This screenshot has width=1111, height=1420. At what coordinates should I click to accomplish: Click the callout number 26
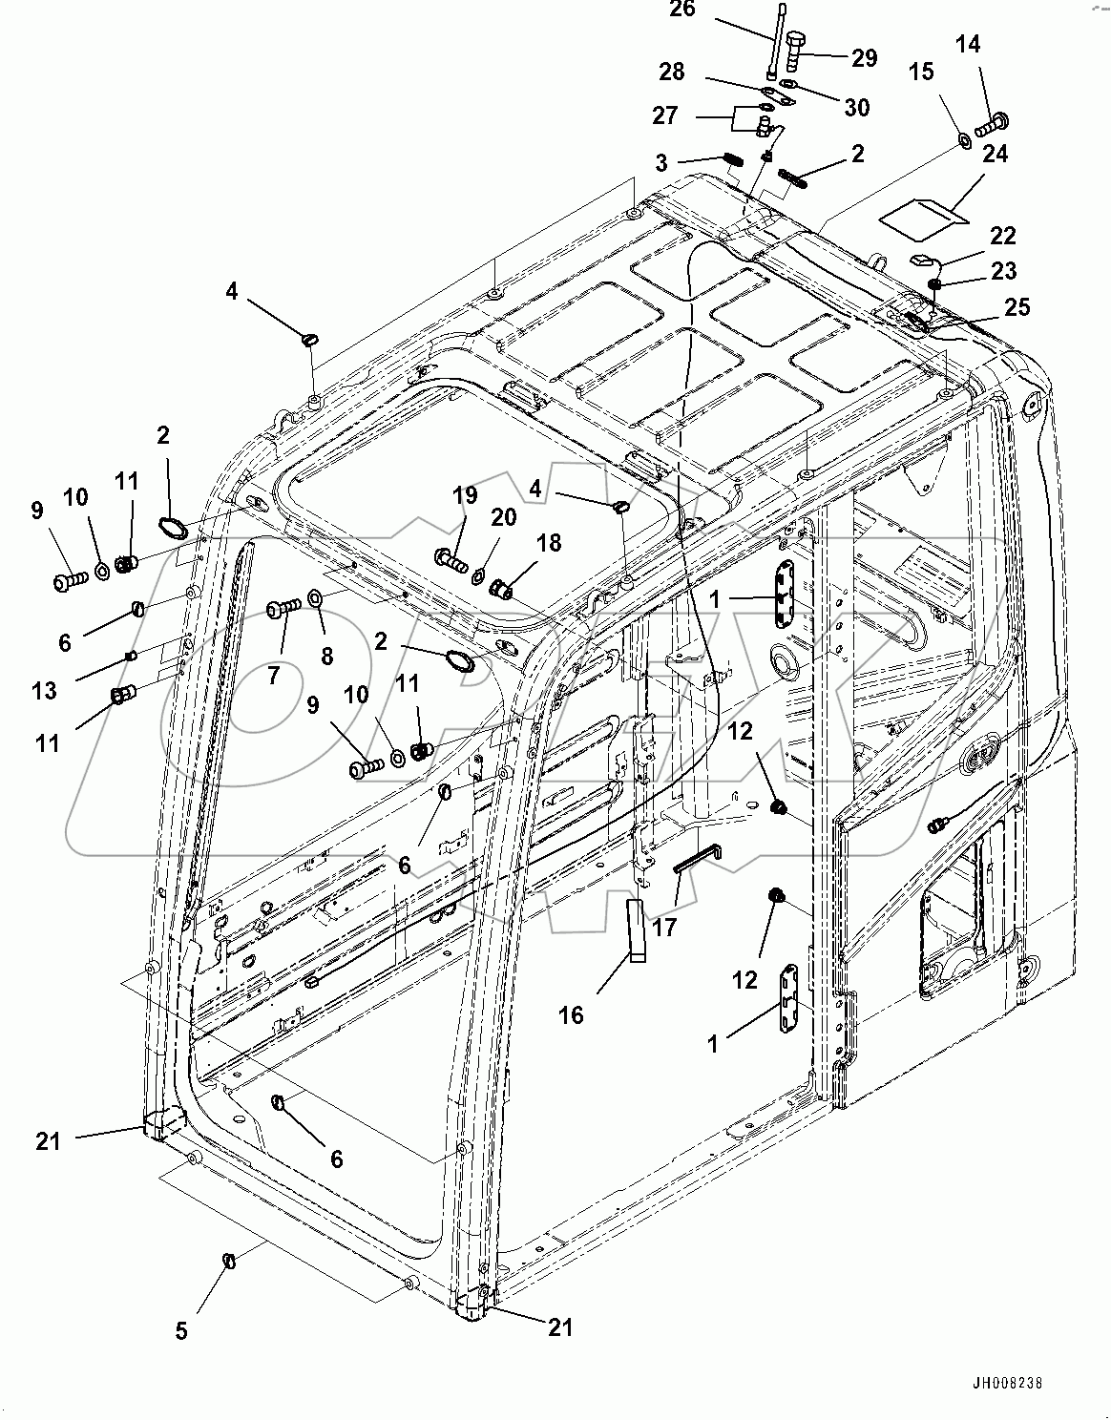tap(709, 10)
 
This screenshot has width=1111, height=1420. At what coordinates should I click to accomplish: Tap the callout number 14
tap(968, 45)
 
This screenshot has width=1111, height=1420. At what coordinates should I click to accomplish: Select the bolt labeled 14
tap(995, 122)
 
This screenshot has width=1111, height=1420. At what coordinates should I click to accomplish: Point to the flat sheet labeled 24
tap(923, 215)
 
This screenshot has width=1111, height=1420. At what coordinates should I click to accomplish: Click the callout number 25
tap(1018, 307)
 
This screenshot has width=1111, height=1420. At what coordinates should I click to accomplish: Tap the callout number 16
tap(571, 1015)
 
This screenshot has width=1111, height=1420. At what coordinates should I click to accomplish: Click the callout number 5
tap(181, 1331)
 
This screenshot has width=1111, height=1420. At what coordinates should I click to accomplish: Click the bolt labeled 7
tap(284, 608)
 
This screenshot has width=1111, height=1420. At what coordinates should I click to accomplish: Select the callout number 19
tap(465, 494)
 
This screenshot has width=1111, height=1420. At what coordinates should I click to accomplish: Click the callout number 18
tap(549, 543)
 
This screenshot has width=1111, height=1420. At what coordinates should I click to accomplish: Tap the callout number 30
tap(857, 108)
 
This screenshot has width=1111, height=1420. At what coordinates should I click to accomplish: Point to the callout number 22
tap(1003, 236)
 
